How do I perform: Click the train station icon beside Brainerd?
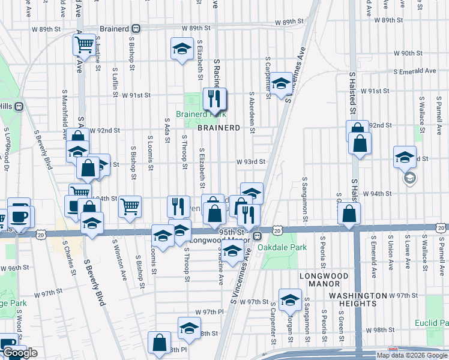[137, 28]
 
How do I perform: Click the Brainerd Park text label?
[200, 114]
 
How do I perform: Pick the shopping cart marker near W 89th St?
[84, 44]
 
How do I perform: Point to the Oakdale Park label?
[277, 247]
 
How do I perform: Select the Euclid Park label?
[432, 323]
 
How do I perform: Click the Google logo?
[19, 353]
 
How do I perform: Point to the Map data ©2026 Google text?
[411, 355]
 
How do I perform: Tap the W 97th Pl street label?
[209, 313]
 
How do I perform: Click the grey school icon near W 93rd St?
[410, 178]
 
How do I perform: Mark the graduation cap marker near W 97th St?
[290, 299]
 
